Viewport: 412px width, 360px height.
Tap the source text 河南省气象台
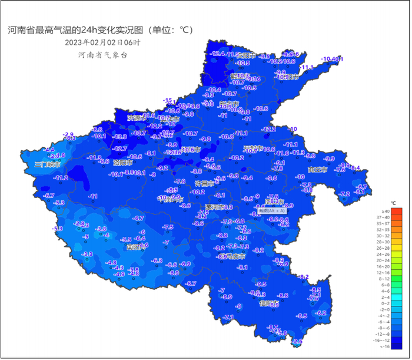[x=102, y=55]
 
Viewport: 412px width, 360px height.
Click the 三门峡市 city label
[x=47, y=164]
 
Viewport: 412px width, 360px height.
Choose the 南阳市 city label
[x=136, y=247]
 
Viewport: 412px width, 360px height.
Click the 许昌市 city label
[x=205, y=184]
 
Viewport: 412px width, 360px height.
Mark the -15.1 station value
[x=169, y=101]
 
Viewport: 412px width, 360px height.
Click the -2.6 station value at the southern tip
[x=297, y=342]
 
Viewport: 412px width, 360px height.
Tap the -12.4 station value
[x=218, y=54]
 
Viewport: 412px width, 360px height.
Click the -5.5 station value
[x=126, y=240]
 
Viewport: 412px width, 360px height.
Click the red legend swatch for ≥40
[x=397, y=211]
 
